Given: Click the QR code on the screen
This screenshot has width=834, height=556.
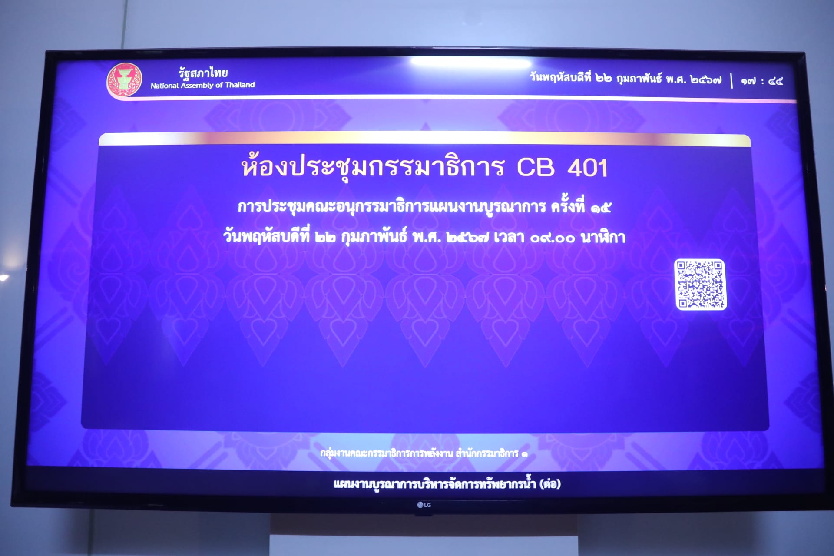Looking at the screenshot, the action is click(700, 285).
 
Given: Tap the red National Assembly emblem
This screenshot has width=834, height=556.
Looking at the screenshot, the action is click(125, 80).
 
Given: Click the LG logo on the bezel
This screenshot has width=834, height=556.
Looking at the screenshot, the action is click(424, 505).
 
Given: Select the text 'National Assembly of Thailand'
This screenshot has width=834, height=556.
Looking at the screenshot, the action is click(202, 85).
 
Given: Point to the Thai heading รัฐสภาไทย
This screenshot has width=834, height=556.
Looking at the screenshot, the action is click(203, 72).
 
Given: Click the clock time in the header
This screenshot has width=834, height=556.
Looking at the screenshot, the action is click(762, 81).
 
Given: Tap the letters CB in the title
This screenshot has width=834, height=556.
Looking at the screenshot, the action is click(536, 167).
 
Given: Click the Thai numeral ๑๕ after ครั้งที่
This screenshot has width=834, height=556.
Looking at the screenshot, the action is click(601, 208).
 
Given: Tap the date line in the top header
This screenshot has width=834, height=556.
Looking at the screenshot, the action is click(625, 78).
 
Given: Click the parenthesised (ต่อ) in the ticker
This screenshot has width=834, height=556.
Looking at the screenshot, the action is click(550, 483).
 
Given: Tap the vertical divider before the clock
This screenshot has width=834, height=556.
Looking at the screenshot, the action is click(732, 81).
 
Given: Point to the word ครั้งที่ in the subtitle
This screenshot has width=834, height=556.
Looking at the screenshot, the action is click(568, 206).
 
